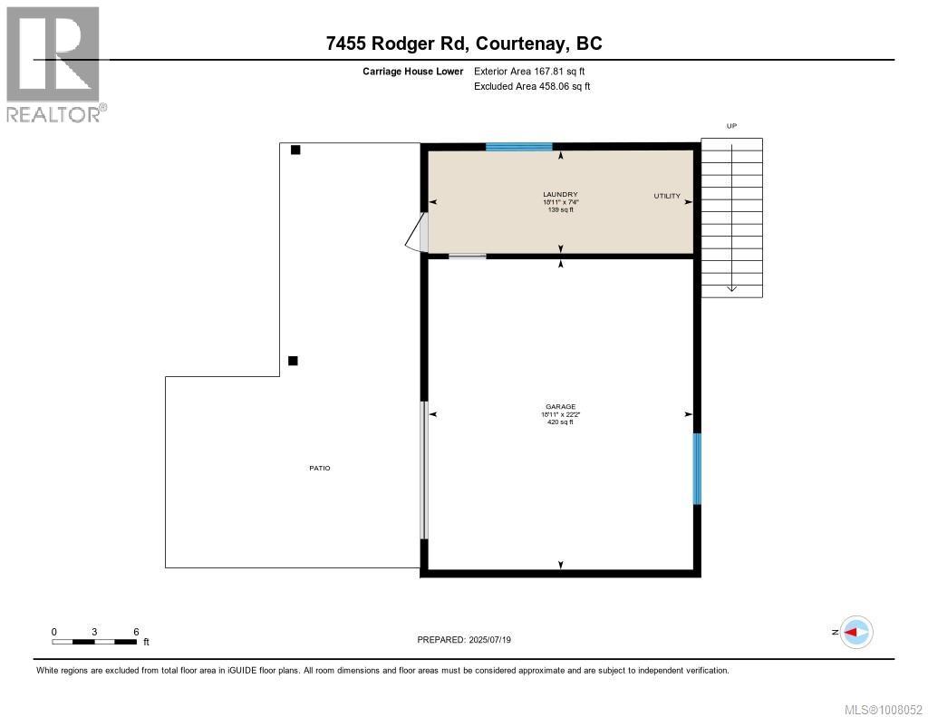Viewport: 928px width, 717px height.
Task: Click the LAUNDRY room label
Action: tap(560, 194)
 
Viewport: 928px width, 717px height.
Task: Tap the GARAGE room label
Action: tap(560, 407)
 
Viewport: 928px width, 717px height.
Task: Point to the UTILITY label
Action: tap(667, 196)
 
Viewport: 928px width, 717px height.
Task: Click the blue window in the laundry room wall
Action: tap(518, 147)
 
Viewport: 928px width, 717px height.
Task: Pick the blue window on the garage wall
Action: tap(697, 469)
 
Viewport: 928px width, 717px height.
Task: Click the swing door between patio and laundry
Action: tap(419, 232)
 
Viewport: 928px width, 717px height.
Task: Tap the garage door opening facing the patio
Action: tap(423, 470)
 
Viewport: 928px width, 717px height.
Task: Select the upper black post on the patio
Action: tap(295, 150)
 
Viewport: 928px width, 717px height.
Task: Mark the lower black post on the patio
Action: tap(293, 361)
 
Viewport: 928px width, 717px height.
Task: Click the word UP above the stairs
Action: tap(731, 127)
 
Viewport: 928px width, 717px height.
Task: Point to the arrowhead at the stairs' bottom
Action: tap(731, 289)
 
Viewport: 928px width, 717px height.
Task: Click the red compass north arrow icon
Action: tap(855, 632)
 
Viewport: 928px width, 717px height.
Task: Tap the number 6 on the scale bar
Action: tap(136, 632)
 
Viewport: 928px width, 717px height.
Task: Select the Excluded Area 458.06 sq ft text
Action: tap(532, 87)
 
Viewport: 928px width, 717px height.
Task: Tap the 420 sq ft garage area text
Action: tap(560, 422)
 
